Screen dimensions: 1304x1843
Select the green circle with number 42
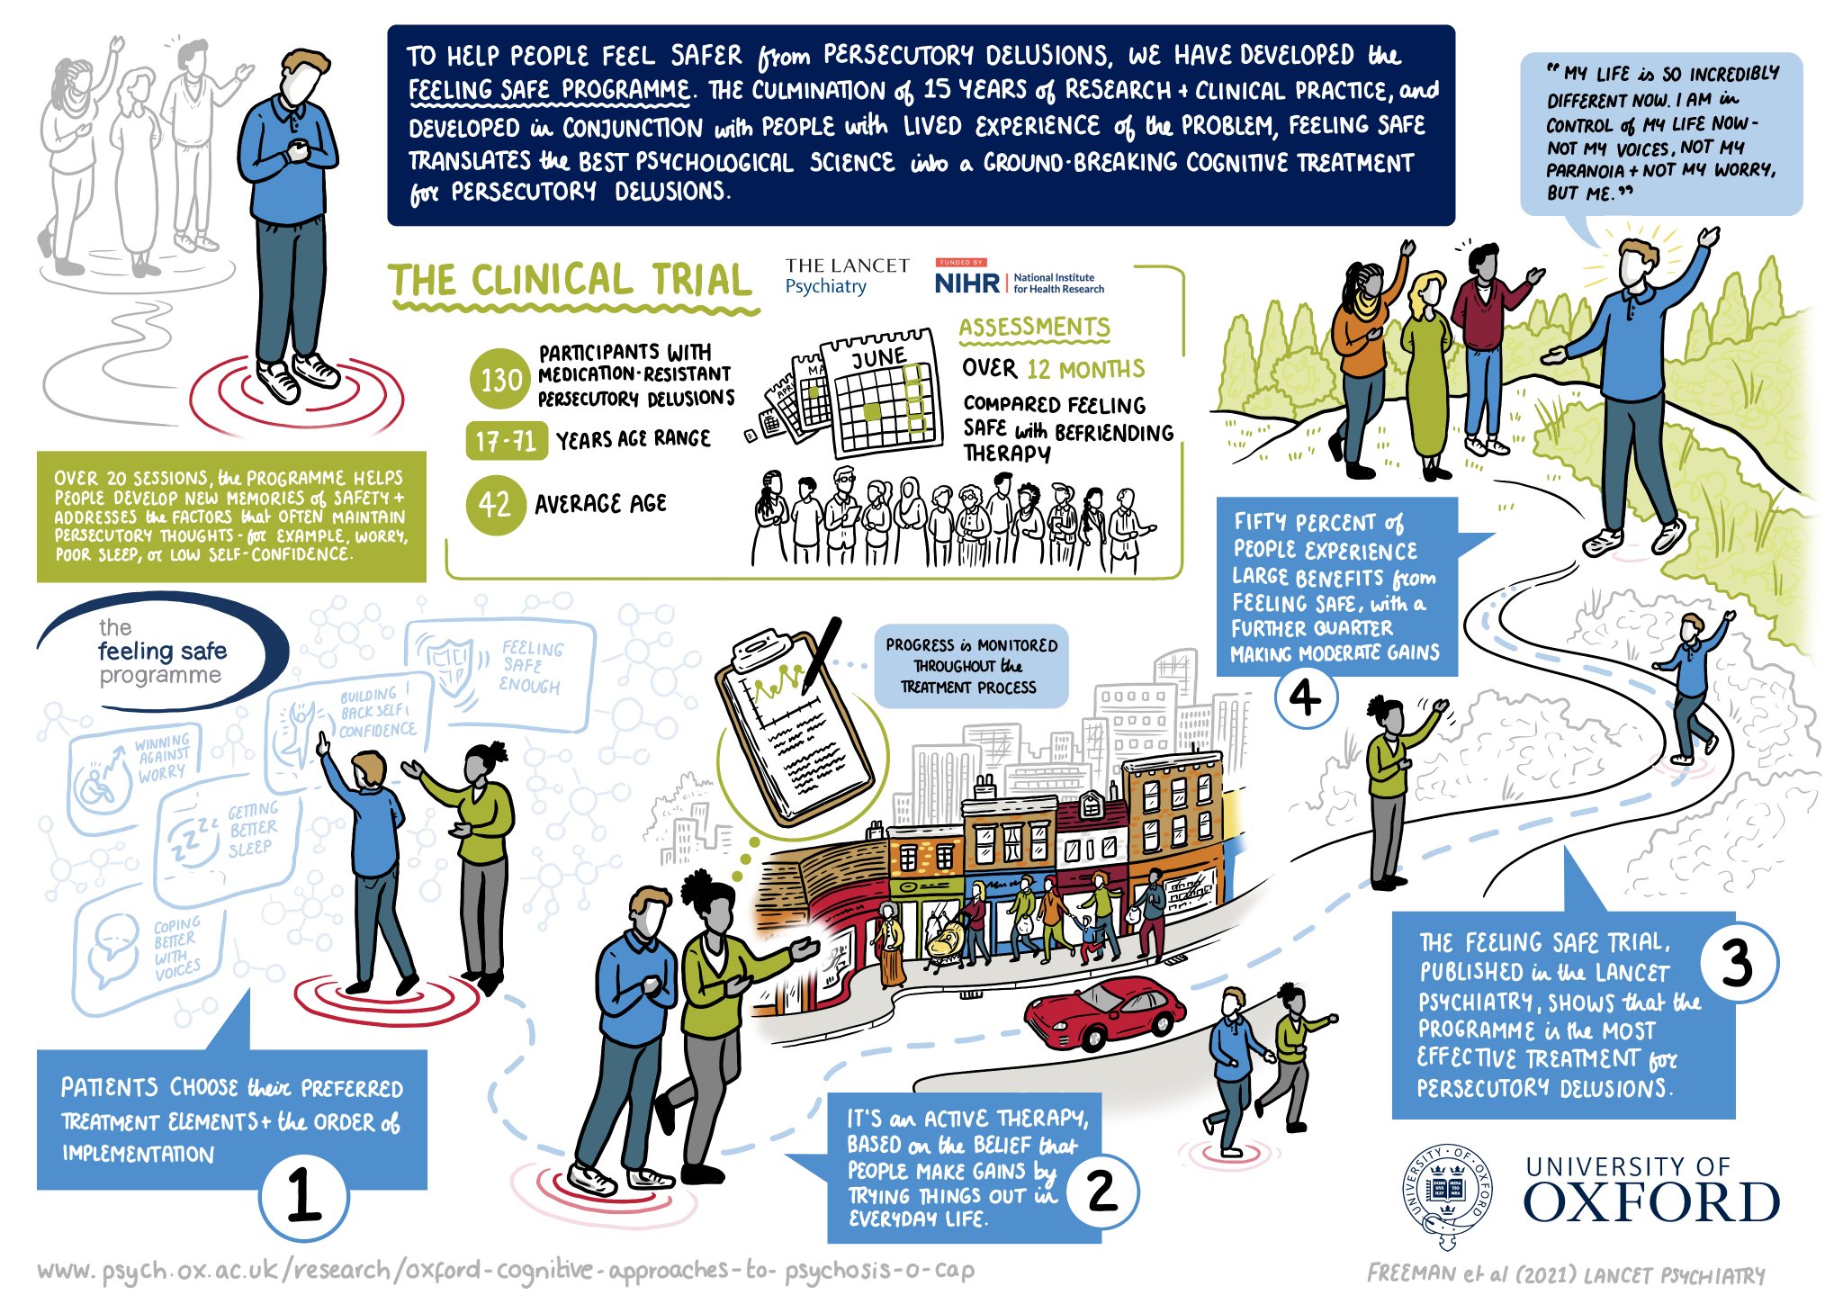click(x=495, y=505)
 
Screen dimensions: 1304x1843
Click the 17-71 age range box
click(x=506, y=441)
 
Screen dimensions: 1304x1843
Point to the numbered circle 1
click(x=303, y=1195)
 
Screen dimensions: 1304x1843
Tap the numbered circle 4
click(x=1305, y=697)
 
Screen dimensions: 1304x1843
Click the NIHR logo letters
click(x=966, y=283)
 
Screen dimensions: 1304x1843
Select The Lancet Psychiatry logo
click(x=846, y=276)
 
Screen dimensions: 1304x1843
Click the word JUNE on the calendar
click(x=878, y=358)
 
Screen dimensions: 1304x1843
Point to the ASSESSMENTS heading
click(x=1034, y=328)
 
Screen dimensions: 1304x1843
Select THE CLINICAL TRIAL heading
click(x=571, y=281)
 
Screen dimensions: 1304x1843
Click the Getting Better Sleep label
click(x=252, y=829)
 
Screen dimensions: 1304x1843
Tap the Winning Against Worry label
click(x=163, y=757)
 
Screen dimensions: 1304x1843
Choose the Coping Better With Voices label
click(x=176, y=949)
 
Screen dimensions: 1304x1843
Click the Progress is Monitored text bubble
click(x=971, y=666)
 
